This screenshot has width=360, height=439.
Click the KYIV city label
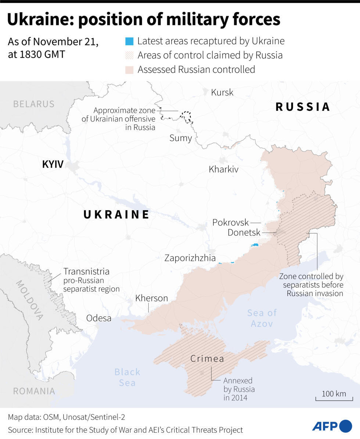53,164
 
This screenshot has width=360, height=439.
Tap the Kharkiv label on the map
223,169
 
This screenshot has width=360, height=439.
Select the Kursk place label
222,92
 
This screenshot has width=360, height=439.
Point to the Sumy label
180,138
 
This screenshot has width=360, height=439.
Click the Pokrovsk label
230,223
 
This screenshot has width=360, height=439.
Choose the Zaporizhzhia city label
190,258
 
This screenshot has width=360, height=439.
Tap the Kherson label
151,298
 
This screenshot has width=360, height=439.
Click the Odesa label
98,318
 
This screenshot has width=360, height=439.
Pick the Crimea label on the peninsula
207,359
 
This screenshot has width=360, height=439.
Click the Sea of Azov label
262,318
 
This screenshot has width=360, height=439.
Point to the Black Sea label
127,377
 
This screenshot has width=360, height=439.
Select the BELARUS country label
34,104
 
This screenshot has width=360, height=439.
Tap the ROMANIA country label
34,391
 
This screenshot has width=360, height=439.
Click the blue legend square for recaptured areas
129,41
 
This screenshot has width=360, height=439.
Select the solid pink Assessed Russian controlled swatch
129,69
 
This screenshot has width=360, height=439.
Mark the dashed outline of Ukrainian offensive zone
187,116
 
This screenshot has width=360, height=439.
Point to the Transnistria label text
86,272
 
